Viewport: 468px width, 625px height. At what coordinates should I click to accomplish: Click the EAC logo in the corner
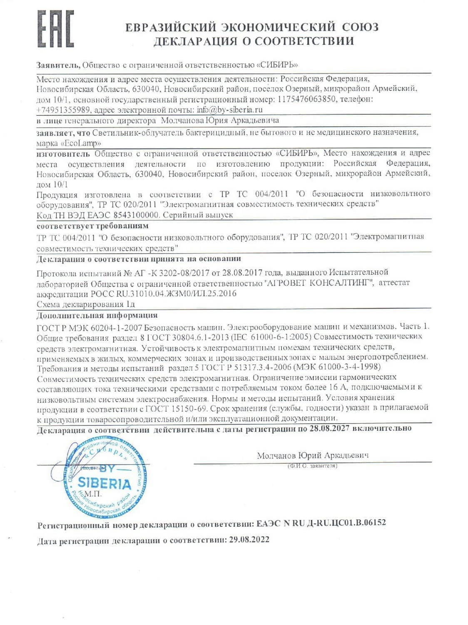click(55, 29)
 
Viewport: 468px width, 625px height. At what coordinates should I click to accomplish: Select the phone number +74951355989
click(63, 110)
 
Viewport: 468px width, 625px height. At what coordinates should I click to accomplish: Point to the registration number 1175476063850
click(306, 100)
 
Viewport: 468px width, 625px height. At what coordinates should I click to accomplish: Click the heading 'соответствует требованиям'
click(92, 226)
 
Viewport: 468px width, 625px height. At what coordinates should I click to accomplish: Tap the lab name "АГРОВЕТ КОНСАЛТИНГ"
click(319, 283)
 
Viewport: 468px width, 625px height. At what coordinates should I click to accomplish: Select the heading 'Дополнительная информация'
click(97, 315)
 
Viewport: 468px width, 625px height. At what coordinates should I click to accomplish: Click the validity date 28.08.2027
click(329, 428)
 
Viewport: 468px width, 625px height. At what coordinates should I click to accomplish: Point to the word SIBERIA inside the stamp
click(104, 483)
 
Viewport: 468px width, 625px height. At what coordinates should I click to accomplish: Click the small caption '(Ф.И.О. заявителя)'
click(312, 466)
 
